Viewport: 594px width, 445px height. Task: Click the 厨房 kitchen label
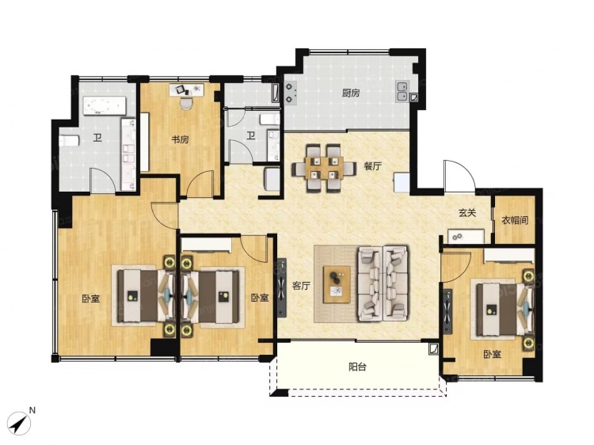(x=351, y=93)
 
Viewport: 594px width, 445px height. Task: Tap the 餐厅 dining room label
(x=372, y=165)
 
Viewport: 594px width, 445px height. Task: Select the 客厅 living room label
(x=301, y=286)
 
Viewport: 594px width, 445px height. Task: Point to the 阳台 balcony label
(x=357, y=367)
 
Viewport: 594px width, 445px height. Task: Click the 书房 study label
(x=180, y=139)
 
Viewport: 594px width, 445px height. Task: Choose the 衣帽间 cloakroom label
(x=515, y=220)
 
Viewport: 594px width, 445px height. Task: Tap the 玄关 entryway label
(x=467, y=213)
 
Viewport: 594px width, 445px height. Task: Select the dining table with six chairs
(x=323, y=169)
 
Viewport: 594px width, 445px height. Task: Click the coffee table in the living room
(x=337, y=284)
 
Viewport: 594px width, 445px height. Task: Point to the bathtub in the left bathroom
(x=105, y=105)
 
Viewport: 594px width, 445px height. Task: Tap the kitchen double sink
(x=402, y=91)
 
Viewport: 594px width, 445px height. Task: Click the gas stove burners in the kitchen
(x=290, y=93)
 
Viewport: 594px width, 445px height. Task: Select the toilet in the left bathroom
(x=69, y=140)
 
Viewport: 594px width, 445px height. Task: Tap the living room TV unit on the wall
(x=281, y=287)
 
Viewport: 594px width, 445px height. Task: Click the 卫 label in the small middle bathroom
(x=251, y=135)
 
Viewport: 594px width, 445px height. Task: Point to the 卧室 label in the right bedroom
(x=492, y=354)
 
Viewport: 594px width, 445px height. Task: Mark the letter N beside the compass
(x=32, y=410)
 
